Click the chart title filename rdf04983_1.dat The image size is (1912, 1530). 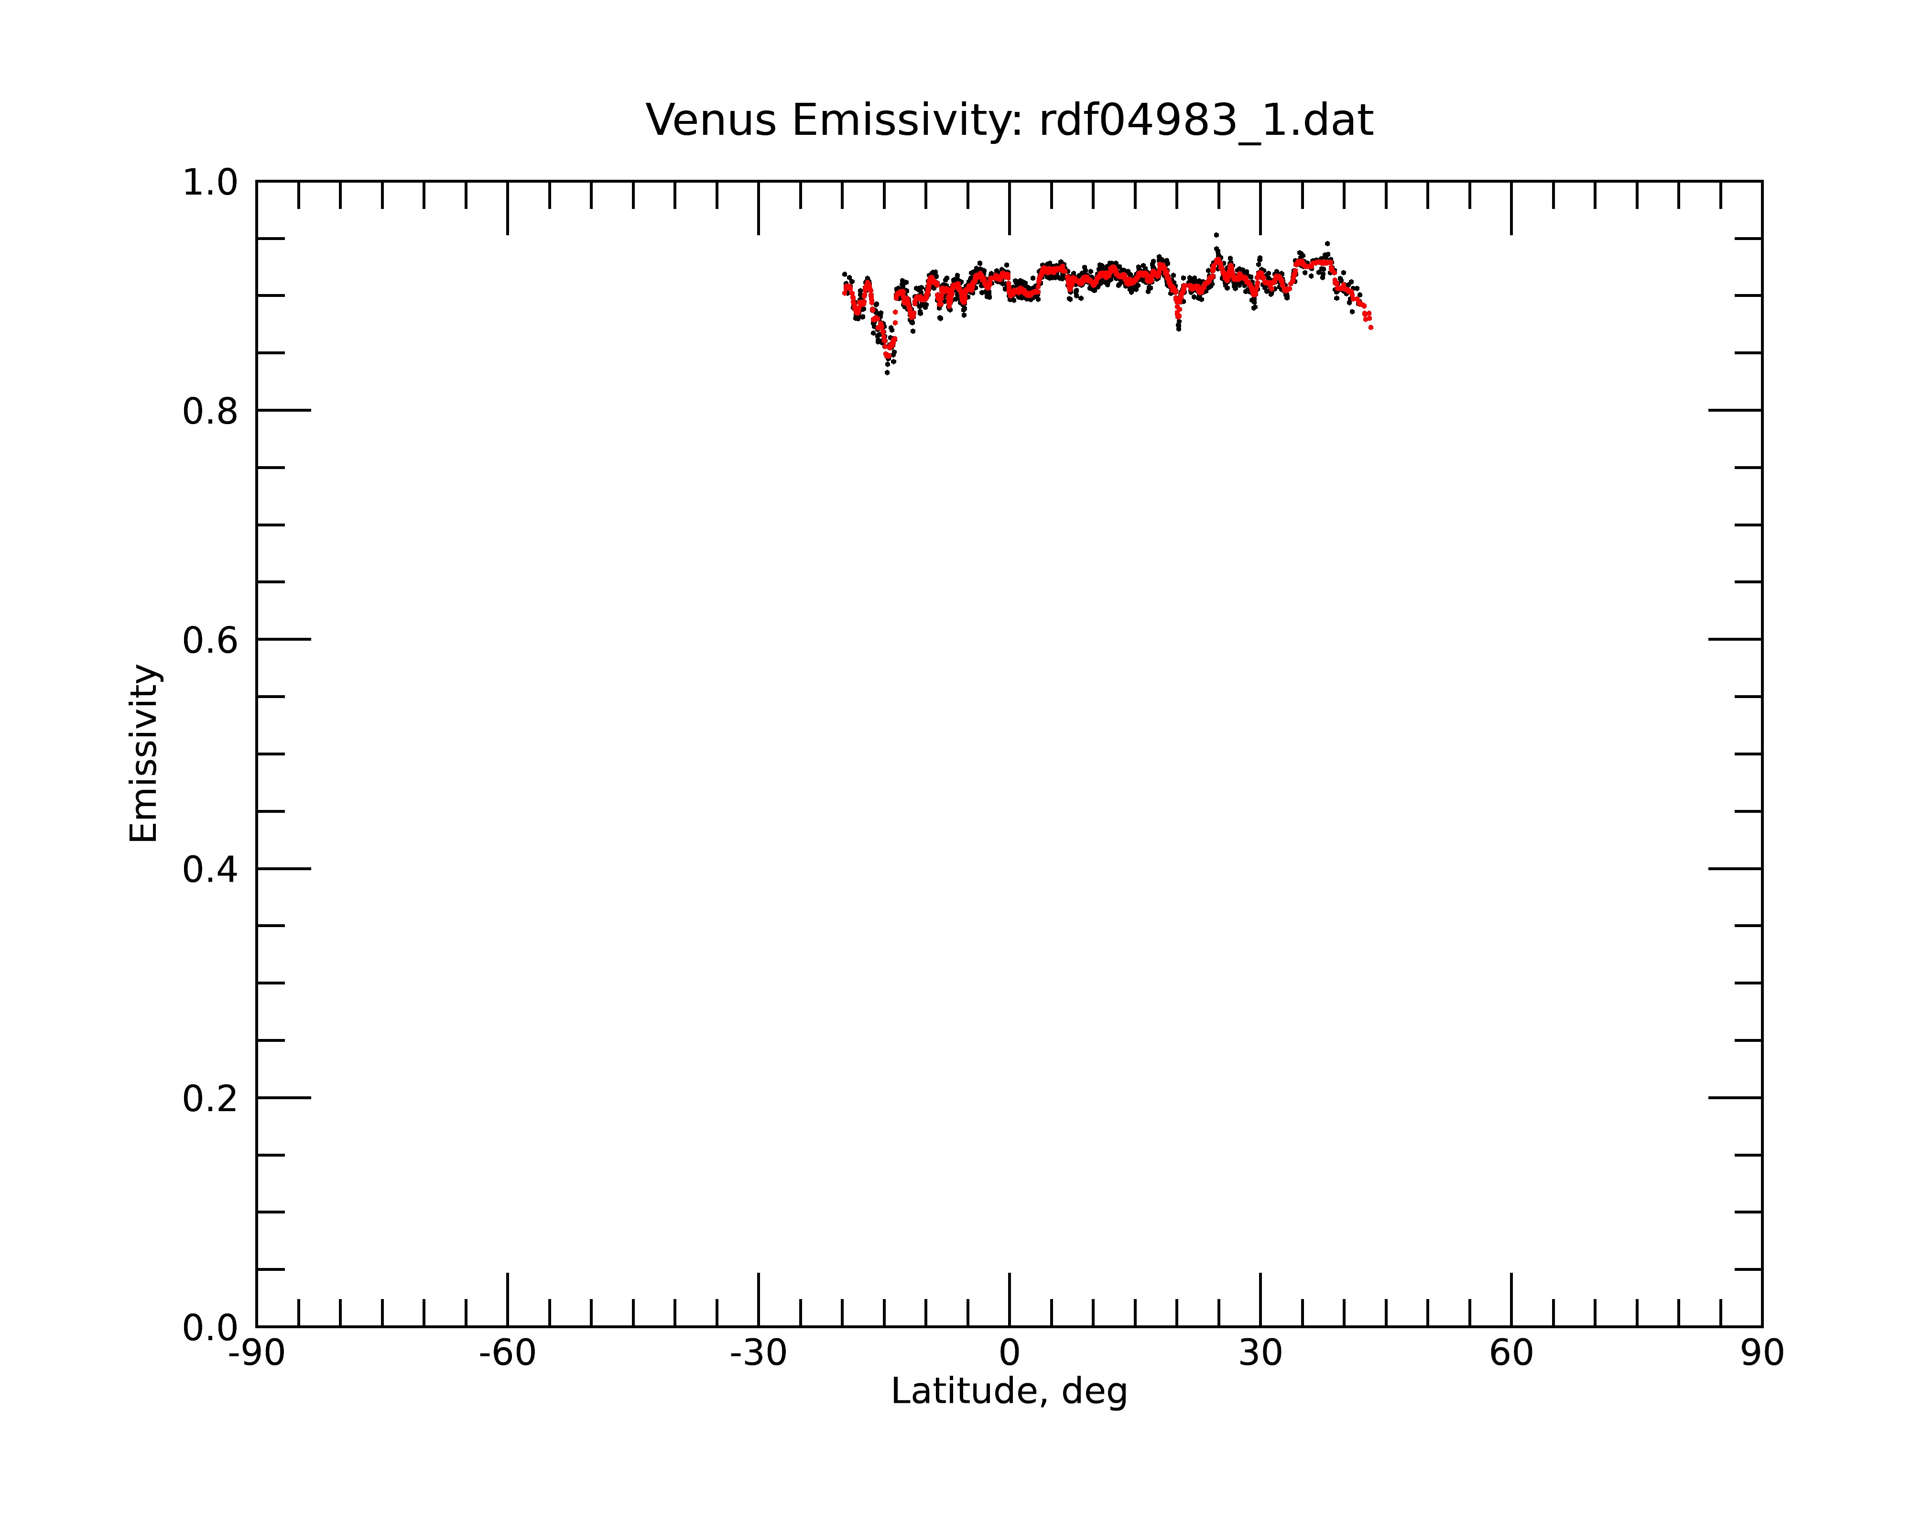pyautogui.click(x=1206, y=120)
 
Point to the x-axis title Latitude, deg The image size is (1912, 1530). pyautogui.click(x=1009, y=1392)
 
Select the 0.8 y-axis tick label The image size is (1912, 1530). pyautogui.click(x=210, y=412)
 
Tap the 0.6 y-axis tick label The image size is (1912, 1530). pyautogui.click(x=210, y=640)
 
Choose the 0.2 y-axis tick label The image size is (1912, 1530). pyautogui.click(x=210, y=1099)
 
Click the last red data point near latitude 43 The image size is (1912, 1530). pyautogui.click(x=1371, y=328)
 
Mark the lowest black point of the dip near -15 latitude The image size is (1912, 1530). pyautogui.click(x=887, y=372)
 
